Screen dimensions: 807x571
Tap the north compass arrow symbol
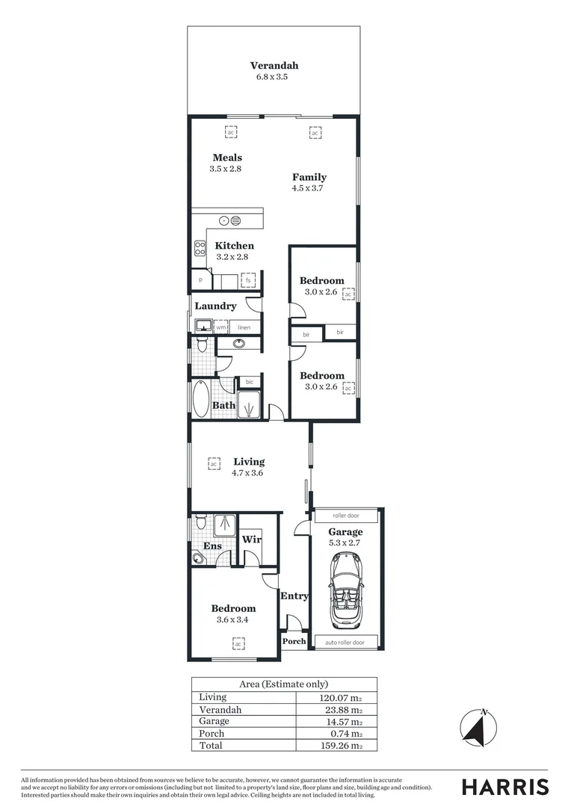[x=475, y=727]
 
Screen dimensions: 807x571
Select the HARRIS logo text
[x=504, y=786]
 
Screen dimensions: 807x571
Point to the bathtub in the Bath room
[x=201, y=399]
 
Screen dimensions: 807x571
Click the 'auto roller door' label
[x=345, y=642]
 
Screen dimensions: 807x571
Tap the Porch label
[x=294, y=641]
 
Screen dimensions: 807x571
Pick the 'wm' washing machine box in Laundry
[x=221, y=327]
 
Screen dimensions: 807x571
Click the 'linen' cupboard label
[x=244, y=327]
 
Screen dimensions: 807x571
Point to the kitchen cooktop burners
[x=200, y=248]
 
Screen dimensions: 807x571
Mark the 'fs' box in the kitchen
[x=248, y=281]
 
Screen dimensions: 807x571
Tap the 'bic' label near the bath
[x=249, y=382]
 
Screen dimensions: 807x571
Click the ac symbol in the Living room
[x=214, y=463]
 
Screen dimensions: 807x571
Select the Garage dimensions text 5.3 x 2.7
[x=345, y=543]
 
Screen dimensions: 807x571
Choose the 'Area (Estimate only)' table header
[x=283, y=684]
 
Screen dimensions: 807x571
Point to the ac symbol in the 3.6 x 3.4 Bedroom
[x=238, y=643]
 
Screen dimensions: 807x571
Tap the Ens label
[x=201, y=545]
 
